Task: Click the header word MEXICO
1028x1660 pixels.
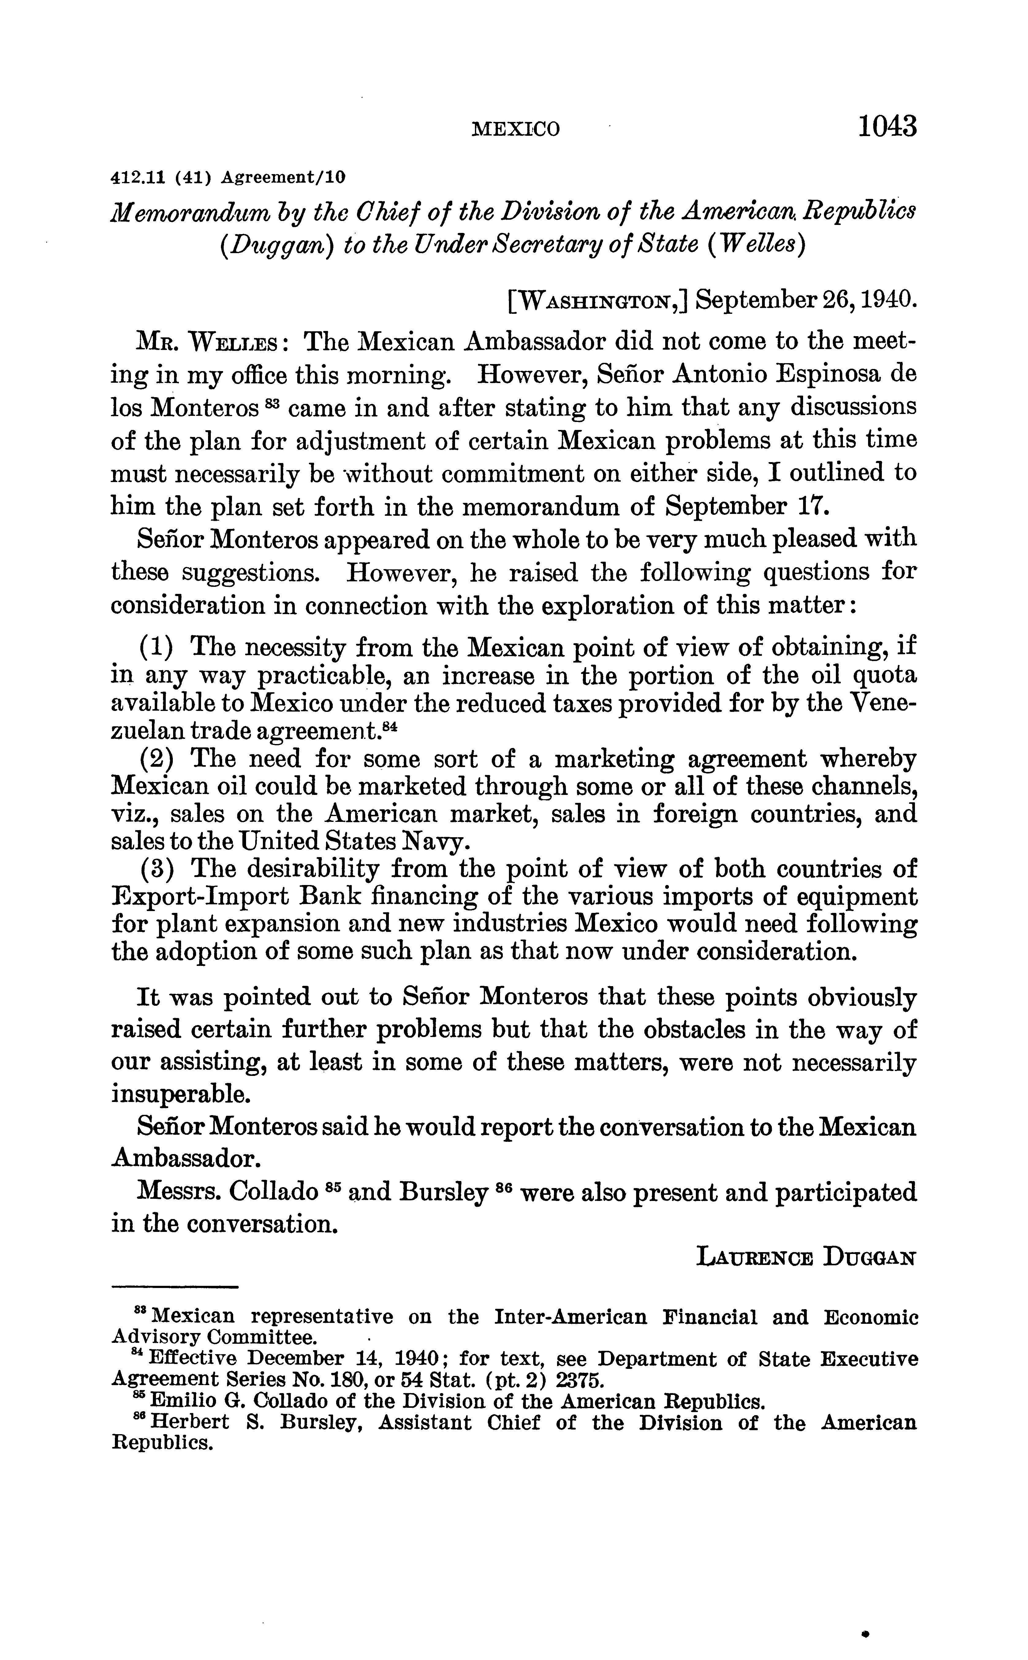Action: tap(516, 129)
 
